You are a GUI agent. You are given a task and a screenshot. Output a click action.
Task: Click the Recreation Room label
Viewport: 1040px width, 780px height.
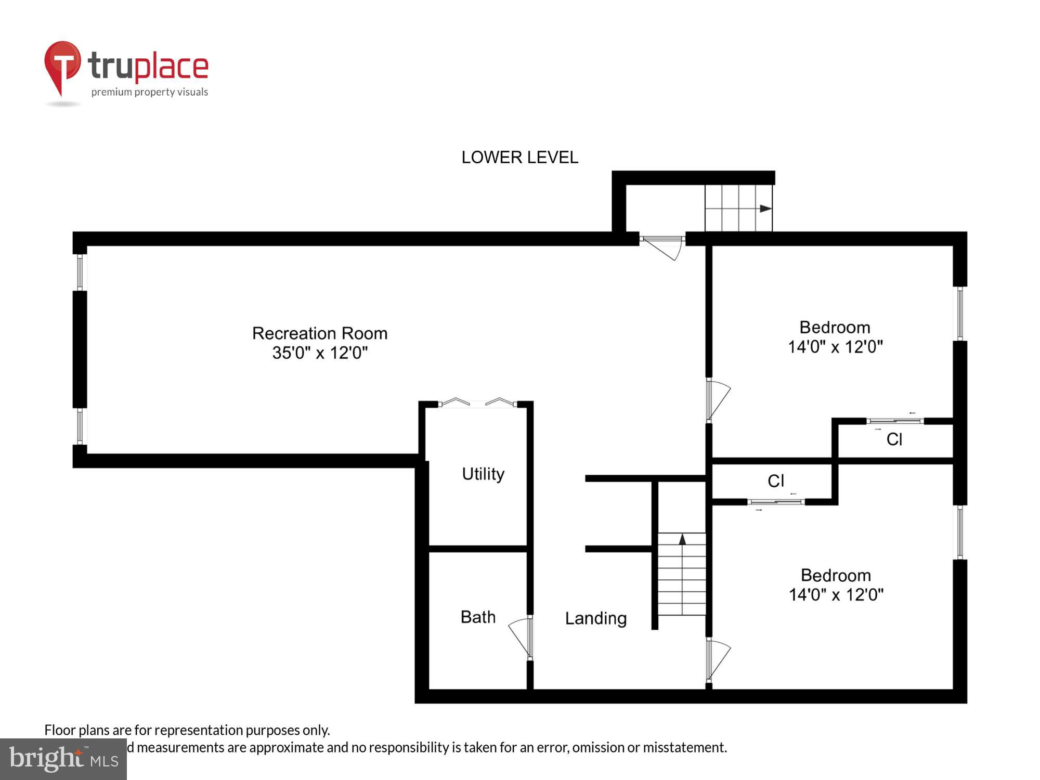pos(320,333)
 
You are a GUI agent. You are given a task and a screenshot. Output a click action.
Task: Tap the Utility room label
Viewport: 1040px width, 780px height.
pos(483,474)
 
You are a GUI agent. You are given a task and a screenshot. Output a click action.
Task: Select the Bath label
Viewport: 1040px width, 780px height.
pos(478,617)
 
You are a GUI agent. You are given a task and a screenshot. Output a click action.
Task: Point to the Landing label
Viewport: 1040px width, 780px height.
pos(596,618)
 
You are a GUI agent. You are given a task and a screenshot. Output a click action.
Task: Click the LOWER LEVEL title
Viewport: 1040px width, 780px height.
pos(519,157)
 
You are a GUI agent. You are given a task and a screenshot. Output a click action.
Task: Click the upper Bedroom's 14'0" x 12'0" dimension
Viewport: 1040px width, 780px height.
pos(835,347)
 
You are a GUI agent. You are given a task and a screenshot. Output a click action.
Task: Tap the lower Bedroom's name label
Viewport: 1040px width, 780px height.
pos(836,575)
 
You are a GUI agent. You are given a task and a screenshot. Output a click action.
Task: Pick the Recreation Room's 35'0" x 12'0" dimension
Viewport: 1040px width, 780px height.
pos(320,353)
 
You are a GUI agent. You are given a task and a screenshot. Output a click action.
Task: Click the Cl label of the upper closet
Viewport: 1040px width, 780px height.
pos(894,439)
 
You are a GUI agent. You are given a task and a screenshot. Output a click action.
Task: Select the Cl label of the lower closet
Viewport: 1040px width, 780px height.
pos(776,480)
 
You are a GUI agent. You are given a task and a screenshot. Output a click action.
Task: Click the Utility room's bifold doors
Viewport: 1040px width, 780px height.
pos(478,402)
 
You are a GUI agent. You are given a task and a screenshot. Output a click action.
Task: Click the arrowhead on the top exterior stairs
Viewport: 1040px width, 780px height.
pos(765,209)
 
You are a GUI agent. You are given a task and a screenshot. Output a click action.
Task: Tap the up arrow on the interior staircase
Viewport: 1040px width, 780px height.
pos(682,540)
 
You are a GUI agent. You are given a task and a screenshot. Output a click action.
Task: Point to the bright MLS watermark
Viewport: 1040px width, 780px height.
pos(63,759)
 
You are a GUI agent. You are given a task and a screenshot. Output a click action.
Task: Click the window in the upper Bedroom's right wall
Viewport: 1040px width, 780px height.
pos(960,314)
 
